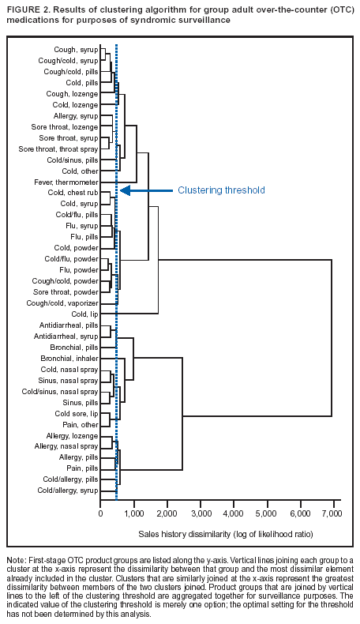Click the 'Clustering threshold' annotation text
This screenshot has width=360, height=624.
pos(221,190)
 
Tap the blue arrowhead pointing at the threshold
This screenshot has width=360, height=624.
pos(124,190)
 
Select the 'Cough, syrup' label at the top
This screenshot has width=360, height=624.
pos(75,49)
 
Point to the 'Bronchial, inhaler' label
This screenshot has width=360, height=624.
pos(69,358)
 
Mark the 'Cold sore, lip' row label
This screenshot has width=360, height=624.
pos(77,413)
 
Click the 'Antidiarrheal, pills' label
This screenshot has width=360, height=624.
pos(69,325)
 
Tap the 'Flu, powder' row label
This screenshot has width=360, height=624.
pos(80,269)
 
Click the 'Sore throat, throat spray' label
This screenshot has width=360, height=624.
pos(58,148)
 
